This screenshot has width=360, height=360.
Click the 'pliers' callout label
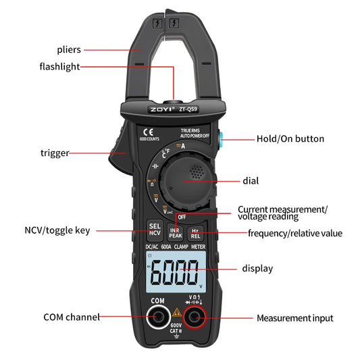point(70,49)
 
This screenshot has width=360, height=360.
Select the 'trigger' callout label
point(55,153)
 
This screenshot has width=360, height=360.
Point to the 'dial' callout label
point(251,181)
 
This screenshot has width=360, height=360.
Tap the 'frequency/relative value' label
point(294,234)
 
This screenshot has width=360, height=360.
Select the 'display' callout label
point(257,268)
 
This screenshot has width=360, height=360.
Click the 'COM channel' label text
point(72,317)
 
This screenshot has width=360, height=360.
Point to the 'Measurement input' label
point(294,317)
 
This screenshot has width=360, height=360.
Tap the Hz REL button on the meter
point(195,232)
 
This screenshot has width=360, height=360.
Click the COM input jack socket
point(159,316)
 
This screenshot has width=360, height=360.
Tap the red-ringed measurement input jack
point(197,317)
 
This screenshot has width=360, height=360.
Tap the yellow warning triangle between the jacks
point(177,312)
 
